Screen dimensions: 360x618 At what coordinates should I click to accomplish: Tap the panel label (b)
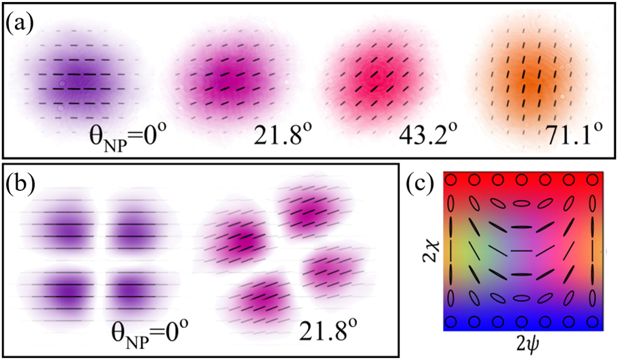21,185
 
